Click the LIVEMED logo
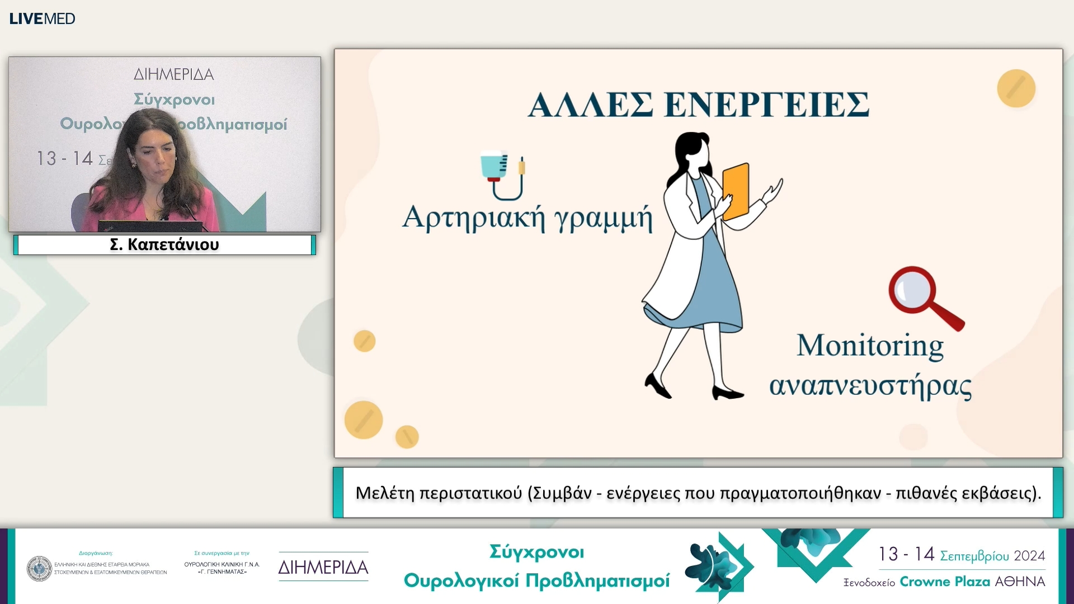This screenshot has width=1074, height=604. click(42, 18)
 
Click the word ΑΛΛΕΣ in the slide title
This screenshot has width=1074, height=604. click(590, 105)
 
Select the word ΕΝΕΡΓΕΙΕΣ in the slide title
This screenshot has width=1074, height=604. click(766, 105)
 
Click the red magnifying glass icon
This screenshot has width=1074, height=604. click(924, 296)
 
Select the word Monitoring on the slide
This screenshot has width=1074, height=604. click(870, 346)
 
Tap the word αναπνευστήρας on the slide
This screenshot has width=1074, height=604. click(870, 386)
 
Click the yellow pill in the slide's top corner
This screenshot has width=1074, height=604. click(1016, 88)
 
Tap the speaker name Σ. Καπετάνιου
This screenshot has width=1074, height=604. click(164, 244)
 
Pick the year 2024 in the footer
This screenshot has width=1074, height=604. click(1029, 555)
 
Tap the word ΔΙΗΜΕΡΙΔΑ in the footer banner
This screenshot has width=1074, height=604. click(323, 567)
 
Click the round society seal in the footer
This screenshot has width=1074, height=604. click(39, 569)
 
